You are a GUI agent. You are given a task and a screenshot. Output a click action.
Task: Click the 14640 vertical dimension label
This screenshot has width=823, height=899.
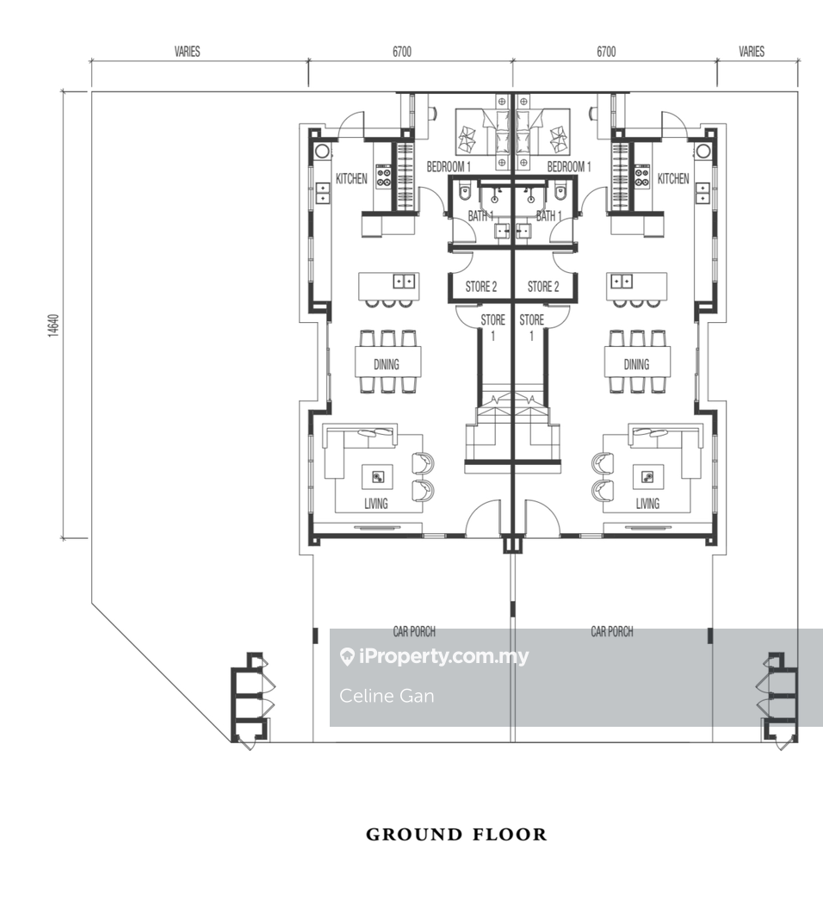tap(53, 325)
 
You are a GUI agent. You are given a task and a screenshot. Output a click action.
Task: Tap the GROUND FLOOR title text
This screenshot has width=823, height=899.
tap(457, 834)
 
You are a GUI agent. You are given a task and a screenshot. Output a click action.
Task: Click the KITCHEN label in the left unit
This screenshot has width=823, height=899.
tap(351, 179)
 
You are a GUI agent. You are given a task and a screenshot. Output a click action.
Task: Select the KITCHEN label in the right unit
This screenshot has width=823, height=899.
tap(673, 179)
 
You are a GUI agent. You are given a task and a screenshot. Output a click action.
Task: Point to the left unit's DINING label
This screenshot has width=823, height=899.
tap(387, 364)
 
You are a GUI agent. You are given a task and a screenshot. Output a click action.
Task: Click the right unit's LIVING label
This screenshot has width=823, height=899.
tap(647, 504)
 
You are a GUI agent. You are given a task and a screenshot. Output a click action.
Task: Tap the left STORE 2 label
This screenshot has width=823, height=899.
tap(481, 286)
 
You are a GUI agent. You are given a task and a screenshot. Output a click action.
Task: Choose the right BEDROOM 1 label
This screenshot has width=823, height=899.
tap(568, 167)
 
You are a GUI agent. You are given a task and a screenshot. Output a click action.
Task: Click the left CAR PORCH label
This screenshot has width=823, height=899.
tap(414, 631)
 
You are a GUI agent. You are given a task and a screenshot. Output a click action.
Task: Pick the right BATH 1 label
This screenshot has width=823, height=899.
tap(549, 215)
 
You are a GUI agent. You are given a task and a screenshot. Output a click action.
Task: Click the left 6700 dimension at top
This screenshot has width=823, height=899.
tap(402, 52)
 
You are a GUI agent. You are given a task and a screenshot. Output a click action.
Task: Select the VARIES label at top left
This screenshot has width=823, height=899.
tap(188, 52)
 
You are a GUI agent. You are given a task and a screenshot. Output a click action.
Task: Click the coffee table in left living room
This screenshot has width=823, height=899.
tap(377, 477)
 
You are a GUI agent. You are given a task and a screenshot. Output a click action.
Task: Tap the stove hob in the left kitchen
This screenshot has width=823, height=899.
tap(383, 177)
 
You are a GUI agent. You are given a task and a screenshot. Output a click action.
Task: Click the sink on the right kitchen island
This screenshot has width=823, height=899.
tap(622, 282)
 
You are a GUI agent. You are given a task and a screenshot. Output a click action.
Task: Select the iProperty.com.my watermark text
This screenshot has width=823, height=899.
tap(434, 656)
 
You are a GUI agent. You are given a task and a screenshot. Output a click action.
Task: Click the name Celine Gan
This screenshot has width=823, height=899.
tap(387, 696)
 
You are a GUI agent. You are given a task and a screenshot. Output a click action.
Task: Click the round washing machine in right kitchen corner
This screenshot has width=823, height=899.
tap(702, 152)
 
